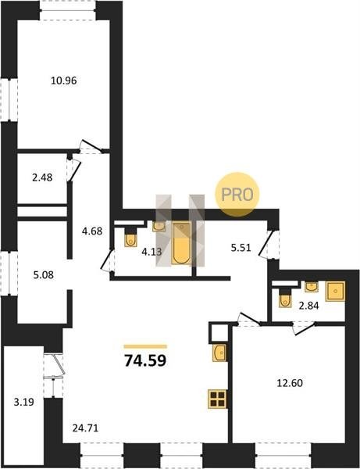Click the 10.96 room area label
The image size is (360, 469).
click(63, 81)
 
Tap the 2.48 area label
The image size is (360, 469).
click(42, 177)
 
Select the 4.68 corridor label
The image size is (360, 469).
click(92, 231)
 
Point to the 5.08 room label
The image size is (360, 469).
click(44, 274)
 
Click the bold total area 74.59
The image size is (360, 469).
click(145, 360)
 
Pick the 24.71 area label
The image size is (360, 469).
click(85, 428)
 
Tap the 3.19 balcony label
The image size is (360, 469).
click(24, 403)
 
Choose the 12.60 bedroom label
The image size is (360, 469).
click(290, 383)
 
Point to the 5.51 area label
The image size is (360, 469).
click(241, 248)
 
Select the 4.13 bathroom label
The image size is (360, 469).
click(151, 252)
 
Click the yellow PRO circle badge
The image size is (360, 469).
click(237, 195)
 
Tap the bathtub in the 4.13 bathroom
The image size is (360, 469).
click(181, 243)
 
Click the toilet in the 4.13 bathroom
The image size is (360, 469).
click(130, 238)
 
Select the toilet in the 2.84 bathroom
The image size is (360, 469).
click(285, 299)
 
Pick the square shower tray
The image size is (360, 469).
click(335, 291)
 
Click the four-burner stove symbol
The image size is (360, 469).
click(218, 399)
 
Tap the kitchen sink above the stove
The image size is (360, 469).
click(219, 353)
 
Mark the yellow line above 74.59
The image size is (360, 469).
click(145, 346)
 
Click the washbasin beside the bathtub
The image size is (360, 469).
click(159, 227)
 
